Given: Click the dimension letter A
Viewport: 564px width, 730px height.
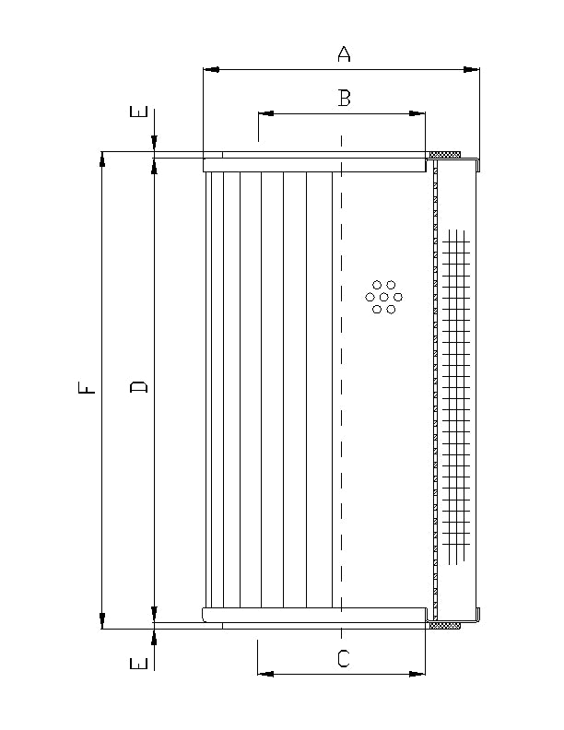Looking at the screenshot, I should tap(344, 54).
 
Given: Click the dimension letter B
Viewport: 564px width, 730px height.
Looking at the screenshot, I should tap(344, 98).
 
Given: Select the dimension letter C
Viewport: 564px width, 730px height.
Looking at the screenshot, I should tap(343, 658).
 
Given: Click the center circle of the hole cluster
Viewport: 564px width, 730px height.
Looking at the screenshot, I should tap(384, 297).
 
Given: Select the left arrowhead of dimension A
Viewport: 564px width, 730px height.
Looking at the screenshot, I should tap(209, 69).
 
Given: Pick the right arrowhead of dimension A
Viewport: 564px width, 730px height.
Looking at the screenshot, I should tap(473, 69).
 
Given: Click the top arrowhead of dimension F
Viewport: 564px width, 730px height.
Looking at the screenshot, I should tap(102, 159).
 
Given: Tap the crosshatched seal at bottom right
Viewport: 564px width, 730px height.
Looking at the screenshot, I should tap(446, 626).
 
